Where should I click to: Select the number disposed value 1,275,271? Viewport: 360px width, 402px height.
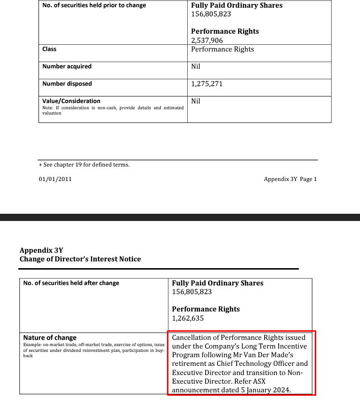(207, 84)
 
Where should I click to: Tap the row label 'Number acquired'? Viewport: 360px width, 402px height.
(67, 66)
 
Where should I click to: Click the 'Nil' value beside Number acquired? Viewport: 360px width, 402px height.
(196, 66)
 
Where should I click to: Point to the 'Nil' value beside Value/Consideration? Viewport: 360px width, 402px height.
(196, 101)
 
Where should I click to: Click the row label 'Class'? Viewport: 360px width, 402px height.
(49, 49)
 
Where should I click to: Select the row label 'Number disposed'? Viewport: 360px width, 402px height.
(67, 84)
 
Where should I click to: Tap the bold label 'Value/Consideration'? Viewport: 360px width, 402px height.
(71, 101)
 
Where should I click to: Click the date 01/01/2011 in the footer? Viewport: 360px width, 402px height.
(55, 179)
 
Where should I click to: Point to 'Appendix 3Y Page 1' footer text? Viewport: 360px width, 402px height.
(290, 179)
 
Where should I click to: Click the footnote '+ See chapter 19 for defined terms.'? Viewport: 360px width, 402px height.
(84, 165)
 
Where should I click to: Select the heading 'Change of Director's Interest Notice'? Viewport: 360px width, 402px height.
(80, 259)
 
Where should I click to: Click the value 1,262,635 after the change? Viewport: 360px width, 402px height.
(188, 318)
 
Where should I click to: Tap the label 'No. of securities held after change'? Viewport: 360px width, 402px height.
(71, 283)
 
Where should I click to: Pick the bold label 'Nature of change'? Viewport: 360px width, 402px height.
(50, 337)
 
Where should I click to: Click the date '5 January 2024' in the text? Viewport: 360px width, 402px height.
(266, 390)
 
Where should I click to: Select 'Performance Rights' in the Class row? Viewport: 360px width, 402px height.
(222, 49)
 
